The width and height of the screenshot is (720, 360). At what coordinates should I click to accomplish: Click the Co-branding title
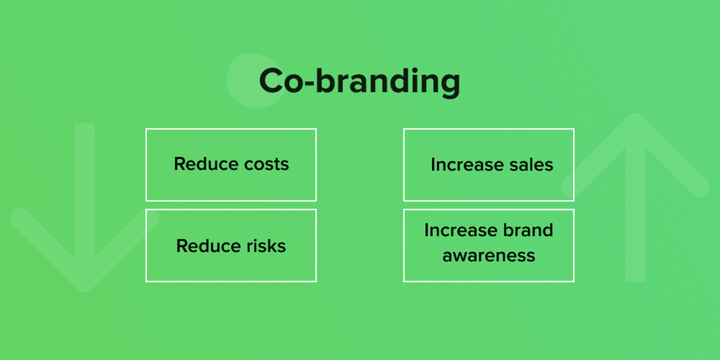[x=359, y=82]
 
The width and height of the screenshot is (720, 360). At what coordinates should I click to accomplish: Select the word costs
[x=267, y=165]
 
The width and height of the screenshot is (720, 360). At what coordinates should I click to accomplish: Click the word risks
[x=266, y=246]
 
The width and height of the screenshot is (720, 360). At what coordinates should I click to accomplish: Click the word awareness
[x=489, y=256]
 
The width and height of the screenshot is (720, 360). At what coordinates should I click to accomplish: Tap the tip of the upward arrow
[x=636, y=114]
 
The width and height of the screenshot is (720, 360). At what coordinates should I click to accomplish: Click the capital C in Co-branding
[x=273, y=81]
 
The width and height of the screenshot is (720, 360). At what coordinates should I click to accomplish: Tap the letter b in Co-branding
[x=327, y=80]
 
